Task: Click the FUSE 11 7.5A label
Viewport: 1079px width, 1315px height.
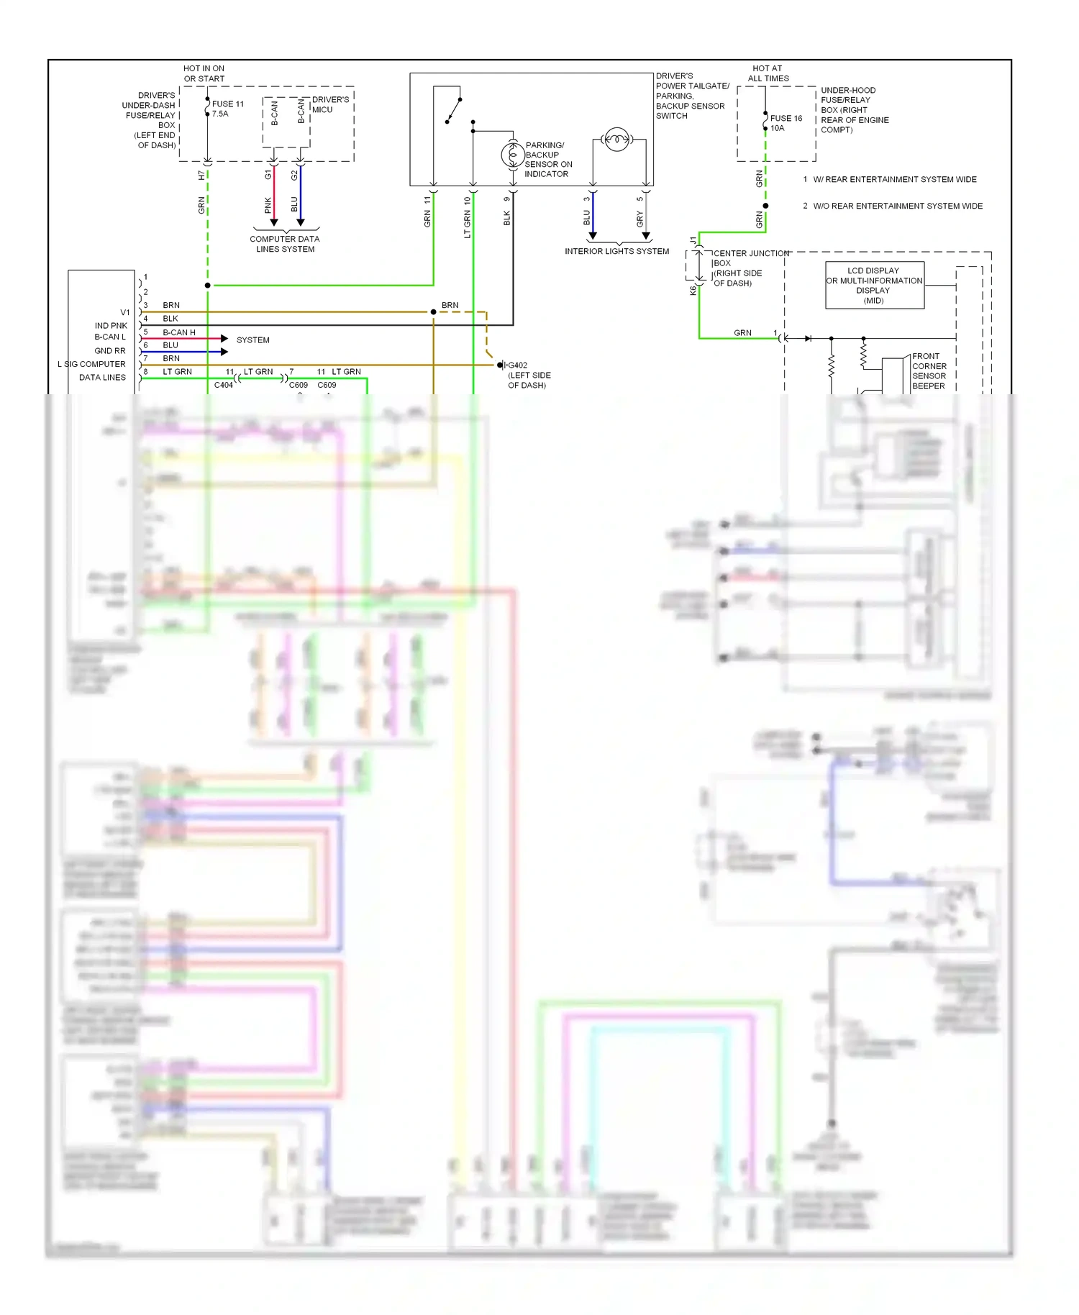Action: pyautogui.click(x=227, y=109)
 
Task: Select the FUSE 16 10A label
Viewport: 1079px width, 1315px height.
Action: pyautogui.click(x=786, y=123)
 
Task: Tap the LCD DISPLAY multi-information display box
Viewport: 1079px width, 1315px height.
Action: pyautogui.click(x=874, y=286)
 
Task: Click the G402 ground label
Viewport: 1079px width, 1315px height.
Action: pyautogui.click(x=518, y=365)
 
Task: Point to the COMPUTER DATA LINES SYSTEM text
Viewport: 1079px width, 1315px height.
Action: pyautogui.click(x=285, y=244)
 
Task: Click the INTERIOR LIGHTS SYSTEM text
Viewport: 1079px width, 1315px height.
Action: pyautogui.click(x=616, y=251)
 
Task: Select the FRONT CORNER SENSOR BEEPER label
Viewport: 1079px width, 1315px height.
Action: pyautogui.click(x=929, y=371)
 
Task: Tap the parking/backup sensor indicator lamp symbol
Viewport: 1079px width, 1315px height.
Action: pyautogui.click(x=513, y=155)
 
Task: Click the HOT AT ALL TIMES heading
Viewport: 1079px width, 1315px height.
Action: pyautogui.click(x=768, y=73)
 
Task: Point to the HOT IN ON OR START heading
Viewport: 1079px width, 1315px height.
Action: pyautogui.click(x=204, y=73)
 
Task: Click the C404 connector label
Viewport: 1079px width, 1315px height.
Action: pyautogui.click(x=224, y=385)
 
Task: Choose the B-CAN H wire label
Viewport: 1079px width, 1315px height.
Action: pyautogui.click(x=179, y=332)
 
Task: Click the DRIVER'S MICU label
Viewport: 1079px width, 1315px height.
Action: pyautogui.click(x=330, y=104)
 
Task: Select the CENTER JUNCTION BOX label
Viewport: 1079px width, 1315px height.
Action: pyautogui.click(x=748, y=268)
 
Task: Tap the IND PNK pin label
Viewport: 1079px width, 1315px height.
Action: pyautogui.click(x=111, y=326)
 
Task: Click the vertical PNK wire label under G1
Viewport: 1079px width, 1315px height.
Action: pyautogui.click(x=268, y=206)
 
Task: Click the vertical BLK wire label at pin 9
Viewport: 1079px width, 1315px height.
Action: pyautogui.click(x=506, y=218)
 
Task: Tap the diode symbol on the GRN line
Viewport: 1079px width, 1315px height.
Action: pyautogui.click(x=808, y=338)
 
